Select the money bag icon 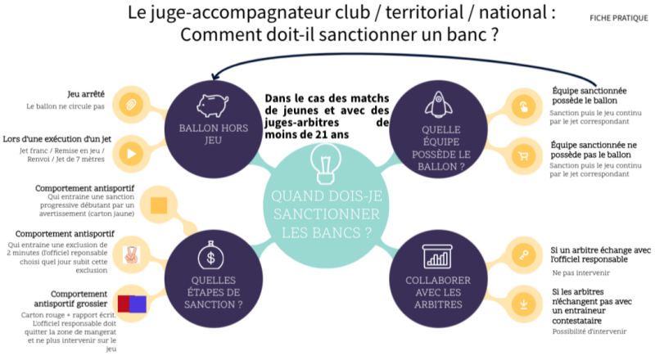click(x=212, y=256)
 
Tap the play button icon click(x=130, y=153)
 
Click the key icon click(x=521, y=251)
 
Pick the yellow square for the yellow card click(x=160, y=203)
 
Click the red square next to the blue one click(x=124, y=304)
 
